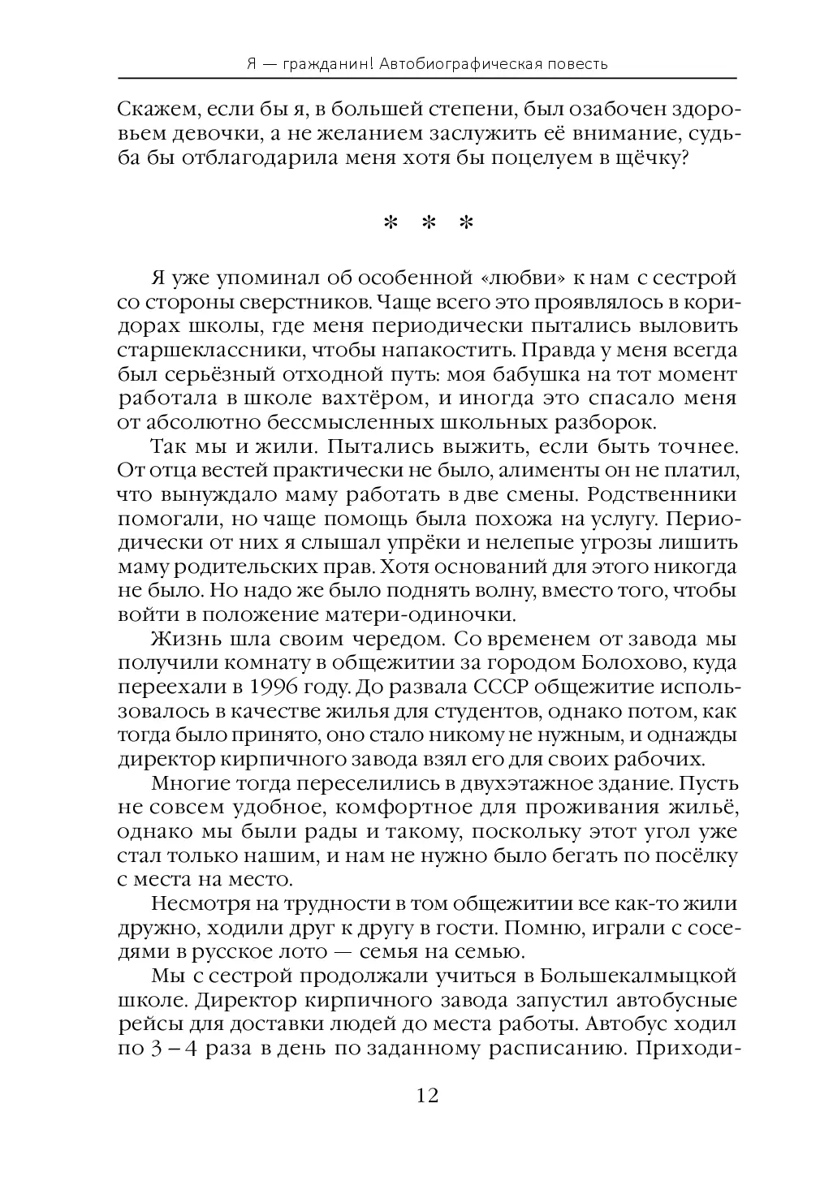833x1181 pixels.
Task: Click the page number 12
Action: (x=427, y=1096)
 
